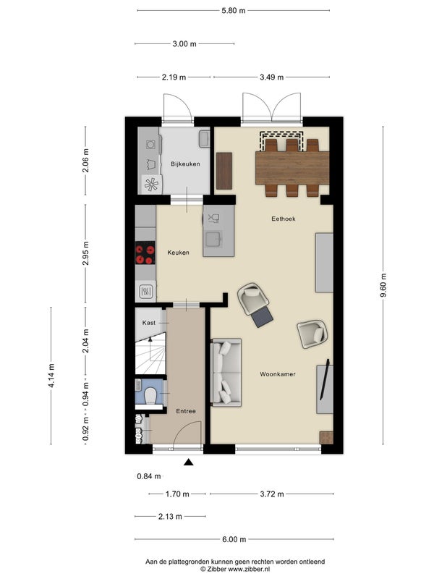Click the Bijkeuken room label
tap(185, 164)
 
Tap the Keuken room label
tap(178, 253)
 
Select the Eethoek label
tap(284, 219)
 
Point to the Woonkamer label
tap(278, 374)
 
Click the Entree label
tap(186, 411)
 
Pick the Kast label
tap(149, 323)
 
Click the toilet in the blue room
tap(150, 395)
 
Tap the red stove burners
tap(145, 253)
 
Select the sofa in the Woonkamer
tap(226, 372)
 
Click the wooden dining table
tap(292, 168)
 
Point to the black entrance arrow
tap(189, 462)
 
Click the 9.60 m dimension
tap(383, 285)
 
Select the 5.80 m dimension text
tap(233, 10)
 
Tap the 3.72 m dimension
tap(272, 494)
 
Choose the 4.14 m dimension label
tap(51, 376)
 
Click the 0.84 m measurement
tap(149, 476)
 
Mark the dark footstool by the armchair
tap(262, 316)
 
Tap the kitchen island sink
tap(213, 239)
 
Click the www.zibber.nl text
tap(249, 570)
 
